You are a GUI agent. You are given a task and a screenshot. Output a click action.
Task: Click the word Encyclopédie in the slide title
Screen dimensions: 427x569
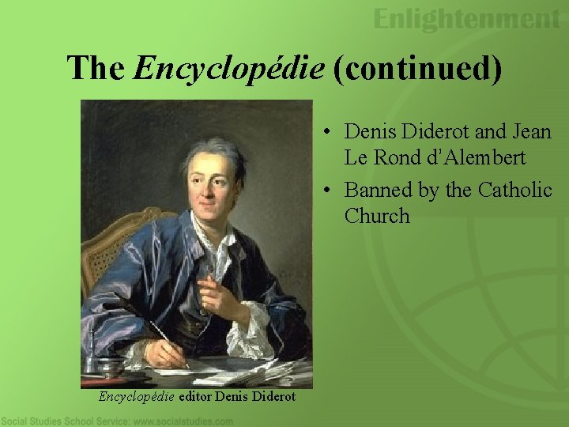pos(229,68)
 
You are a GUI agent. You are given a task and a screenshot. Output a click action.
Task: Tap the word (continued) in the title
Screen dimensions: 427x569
pos(417,68)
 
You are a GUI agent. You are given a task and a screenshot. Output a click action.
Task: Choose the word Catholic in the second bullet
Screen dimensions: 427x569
pos(514,190)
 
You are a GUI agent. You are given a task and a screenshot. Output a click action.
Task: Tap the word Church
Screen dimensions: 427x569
pos(377,216)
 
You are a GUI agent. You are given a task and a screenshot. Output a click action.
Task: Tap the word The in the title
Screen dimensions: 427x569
pos(96,68)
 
